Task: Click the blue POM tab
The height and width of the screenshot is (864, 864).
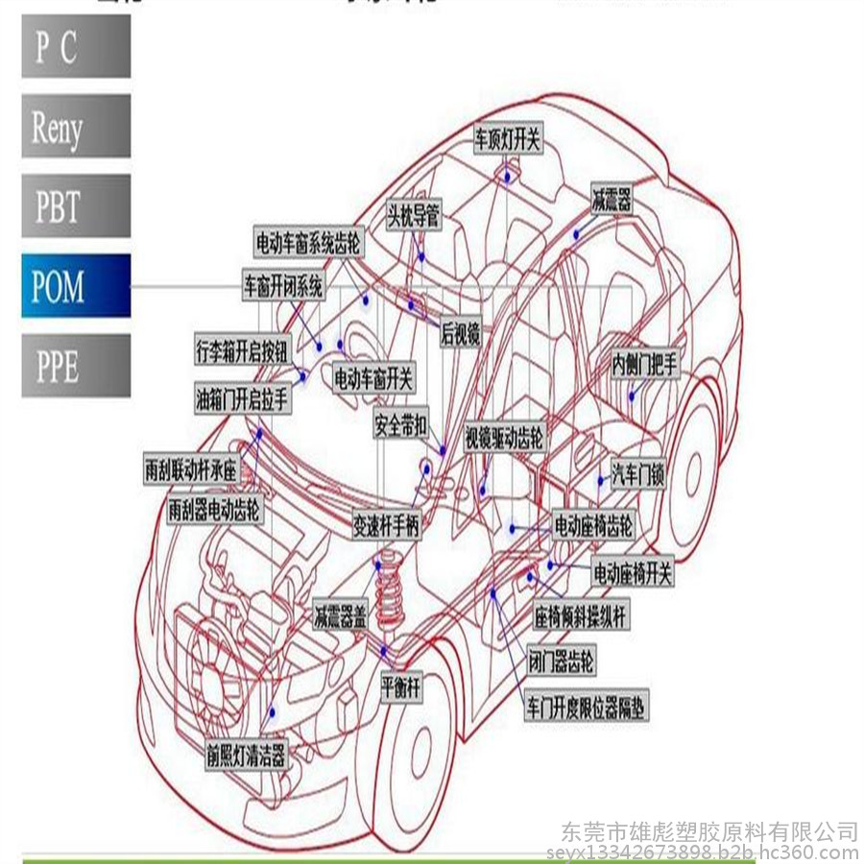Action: (x=76, y=286)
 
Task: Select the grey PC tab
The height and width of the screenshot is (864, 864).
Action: (x=76, y=46)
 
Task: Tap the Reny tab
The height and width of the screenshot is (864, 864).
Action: (x=76, y=126)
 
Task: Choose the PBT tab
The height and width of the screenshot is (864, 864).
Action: (x=76, y=205)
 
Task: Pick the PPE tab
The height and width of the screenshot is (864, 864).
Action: (x=76, y=366)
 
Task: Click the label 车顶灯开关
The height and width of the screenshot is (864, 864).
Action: (x=508, y=139)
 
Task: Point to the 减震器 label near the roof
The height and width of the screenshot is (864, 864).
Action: (x=612, y=201)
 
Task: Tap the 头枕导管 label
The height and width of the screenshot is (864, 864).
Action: (x=414, y=215)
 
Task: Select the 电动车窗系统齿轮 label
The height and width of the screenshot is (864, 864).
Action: (x=308, y=243)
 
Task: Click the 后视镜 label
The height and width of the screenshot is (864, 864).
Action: (x=460, y=333)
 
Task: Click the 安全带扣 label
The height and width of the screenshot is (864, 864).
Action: (x=401, y=424)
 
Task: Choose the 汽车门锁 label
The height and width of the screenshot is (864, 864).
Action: (x=638, y=474)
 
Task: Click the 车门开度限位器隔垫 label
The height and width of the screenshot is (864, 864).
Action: (x=586, y=708)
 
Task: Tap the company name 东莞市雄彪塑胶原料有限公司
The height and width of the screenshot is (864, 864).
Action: (x=708, y=829)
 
